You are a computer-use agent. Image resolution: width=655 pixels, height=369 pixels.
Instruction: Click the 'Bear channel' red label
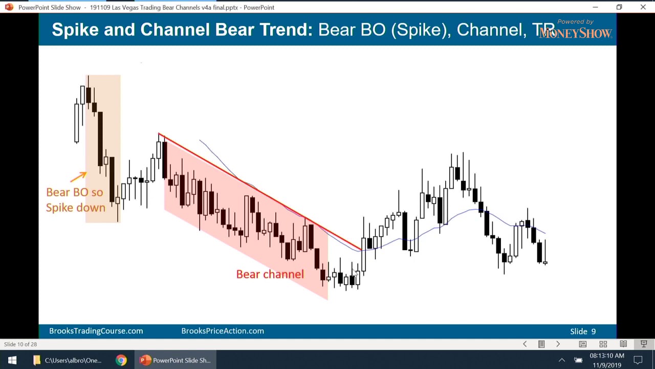click(270, 274)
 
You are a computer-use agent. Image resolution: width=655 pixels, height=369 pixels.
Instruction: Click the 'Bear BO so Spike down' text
click(75, 200)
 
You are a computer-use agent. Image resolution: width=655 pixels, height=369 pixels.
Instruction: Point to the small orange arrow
click(78, 177)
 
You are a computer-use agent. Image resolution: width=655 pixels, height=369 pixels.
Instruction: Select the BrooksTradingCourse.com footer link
click(96, 331)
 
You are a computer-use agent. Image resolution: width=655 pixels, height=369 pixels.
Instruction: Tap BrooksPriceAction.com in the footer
click(223, 331)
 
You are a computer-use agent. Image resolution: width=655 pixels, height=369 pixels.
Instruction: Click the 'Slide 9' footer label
click(583, 332)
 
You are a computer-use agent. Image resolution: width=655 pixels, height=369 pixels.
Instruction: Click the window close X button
click(643, 7)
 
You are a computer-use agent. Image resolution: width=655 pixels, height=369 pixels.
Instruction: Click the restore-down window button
click(619, 7)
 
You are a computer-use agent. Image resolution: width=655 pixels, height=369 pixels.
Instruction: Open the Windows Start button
click(12, 360)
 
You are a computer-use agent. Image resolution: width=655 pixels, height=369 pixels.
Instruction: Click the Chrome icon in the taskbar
click(121, 360)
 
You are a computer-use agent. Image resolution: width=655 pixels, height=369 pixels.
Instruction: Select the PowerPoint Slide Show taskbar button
click(176, 360)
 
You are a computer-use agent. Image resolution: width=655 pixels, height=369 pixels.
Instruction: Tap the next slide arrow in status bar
click(558, 344)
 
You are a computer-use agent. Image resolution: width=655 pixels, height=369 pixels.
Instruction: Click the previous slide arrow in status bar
click(525, 344)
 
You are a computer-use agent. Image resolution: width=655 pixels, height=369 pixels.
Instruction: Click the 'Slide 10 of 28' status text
click(20, 344)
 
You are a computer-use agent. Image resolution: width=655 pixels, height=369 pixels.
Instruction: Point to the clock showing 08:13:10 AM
click(606, 356)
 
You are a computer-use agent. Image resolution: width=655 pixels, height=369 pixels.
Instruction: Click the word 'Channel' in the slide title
click(488, 30)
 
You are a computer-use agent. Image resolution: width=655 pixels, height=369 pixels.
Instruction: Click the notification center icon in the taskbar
click(638, 360)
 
